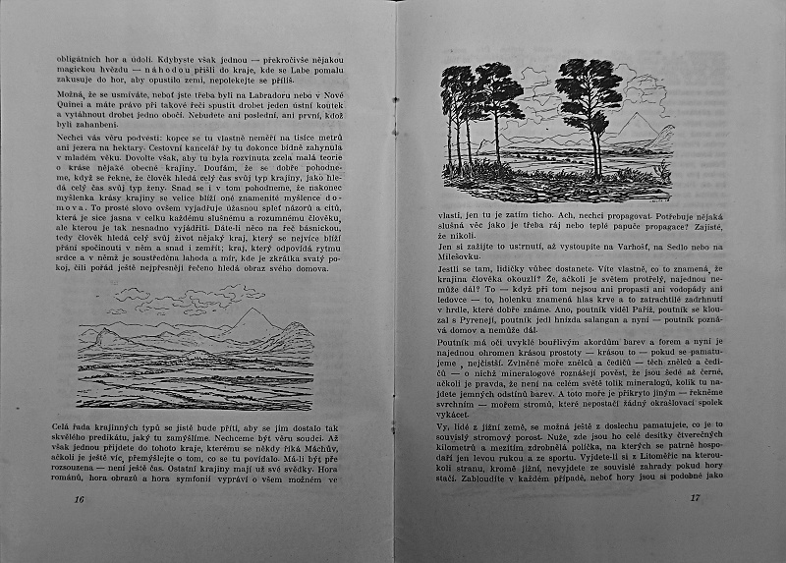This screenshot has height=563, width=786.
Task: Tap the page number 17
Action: pyautogui.click(x=694, y=498)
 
